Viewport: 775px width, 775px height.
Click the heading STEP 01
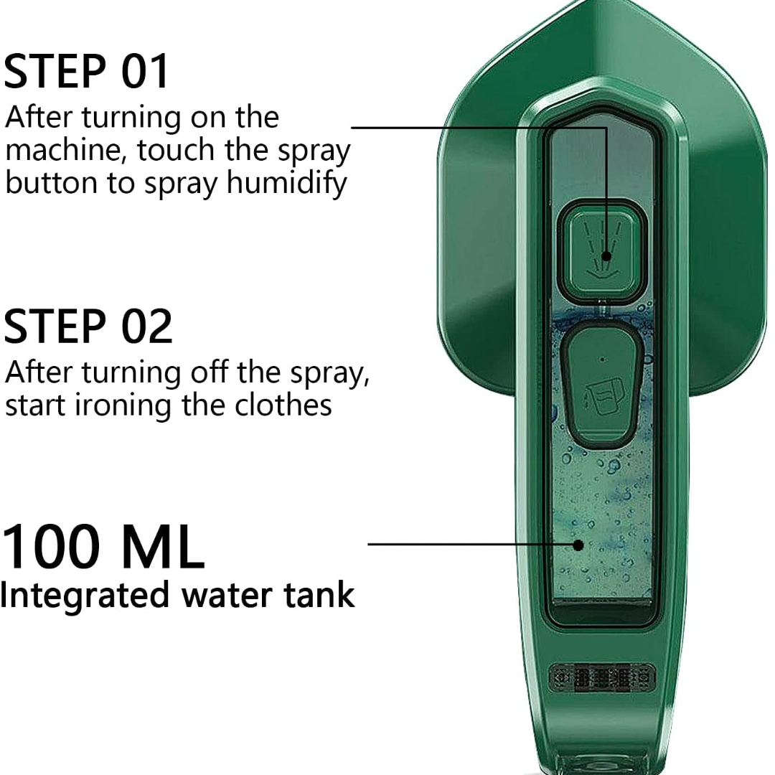click(86, 72)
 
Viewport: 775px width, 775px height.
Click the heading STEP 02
click(88, 326)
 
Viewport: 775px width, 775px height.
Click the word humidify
click(286, 184)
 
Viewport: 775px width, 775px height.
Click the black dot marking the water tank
click(578, 545)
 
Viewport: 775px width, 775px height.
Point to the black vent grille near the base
click(603, 677)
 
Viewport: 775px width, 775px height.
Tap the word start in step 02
click(36, 405)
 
